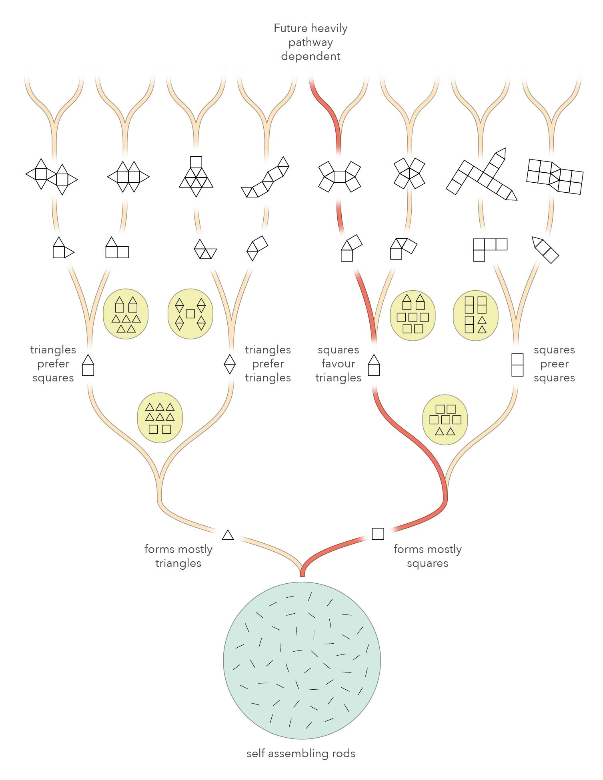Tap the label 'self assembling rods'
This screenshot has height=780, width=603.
pos(301,754)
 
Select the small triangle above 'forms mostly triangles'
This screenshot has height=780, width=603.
pos(228,535)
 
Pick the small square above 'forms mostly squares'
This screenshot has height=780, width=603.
pos(378,534)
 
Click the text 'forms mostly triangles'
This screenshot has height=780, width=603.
pos(178,556)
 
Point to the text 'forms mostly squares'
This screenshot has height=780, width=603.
pos(427,556)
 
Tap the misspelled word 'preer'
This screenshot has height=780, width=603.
pos(554,364)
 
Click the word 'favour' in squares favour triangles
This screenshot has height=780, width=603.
pos(339,364)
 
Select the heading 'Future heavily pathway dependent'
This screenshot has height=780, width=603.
pos(311,42)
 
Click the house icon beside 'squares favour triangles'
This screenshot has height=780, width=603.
pos(374,365)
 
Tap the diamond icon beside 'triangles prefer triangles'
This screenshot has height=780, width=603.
pos(229,364)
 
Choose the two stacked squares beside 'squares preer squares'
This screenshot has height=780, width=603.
pos(517,365)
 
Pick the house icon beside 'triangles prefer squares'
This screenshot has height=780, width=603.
pos(88,365)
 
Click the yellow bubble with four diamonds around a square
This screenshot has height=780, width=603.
pos(190,314)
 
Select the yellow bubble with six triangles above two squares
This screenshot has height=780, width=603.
pos(160,420)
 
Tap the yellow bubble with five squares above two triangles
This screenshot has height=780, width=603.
pos(445,420)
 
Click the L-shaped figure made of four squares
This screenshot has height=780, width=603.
pos(489,249)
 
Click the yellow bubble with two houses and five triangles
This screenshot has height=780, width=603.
pos(126,314)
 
